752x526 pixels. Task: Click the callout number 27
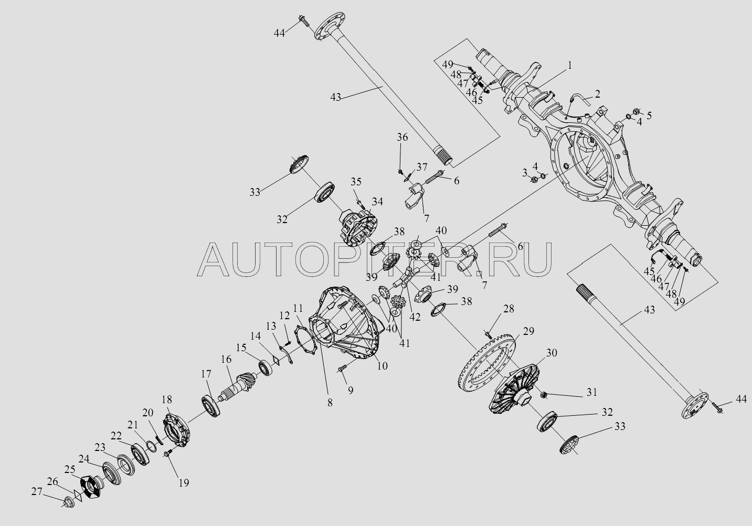tap(37, 492)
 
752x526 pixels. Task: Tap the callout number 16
tap(226, 360)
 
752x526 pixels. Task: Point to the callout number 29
tap(528, 332)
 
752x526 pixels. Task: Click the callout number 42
tap(415, 317)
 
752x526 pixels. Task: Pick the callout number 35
tap(356, 182)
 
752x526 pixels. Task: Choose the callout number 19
tap(184, 483)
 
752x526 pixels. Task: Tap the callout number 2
tap(597, 94)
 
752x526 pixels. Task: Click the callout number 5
tap(649, 115)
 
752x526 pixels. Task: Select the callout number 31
tap(591, 392)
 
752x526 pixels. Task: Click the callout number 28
tap(509, 309)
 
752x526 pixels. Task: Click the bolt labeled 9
tap(342, 369)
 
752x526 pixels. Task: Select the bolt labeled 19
tap(168, 453)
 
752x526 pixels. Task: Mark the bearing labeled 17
tap(211, 407)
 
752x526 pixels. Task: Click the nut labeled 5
tap(636, 111)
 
